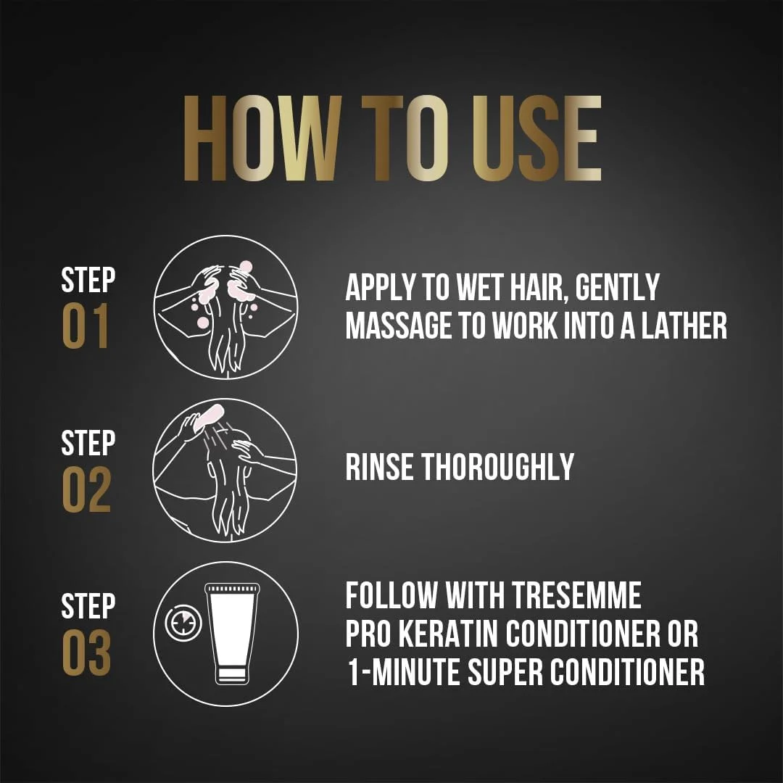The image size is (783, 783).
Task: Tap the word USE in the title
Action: pyautogui.click(x=536, y=138)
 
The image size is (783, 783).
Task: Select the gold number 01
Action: pyautogui.click(x=86, y=326)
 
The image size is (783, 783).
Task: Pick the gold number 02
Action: pyautogui.click(x=86, y=489)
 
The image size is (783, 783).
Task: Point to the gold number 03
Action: pyautogui.click(x=86, y=652)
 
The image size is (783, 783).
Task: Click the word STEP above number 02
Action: pyautogui.click(x=88, y=442)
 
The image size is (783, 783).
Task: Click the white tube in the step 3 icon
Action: pyautogui.click(x=233, y=633)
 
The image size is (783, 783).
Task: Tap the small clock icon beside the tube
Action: pyautogui.click(x=183, y=623)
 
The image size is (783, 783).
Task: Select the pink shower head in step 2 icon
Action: pyautogui.click(x=208, y=417)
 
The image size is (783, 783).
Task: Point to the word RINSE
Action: pyautogui.click(x=379, y=467)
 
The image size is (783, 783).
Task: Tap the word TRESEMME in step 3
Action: pyautogui.click(x=577, y=595)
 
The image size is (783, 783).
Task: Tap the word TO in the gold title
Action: pyautogui.click(x=406, y=138)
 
